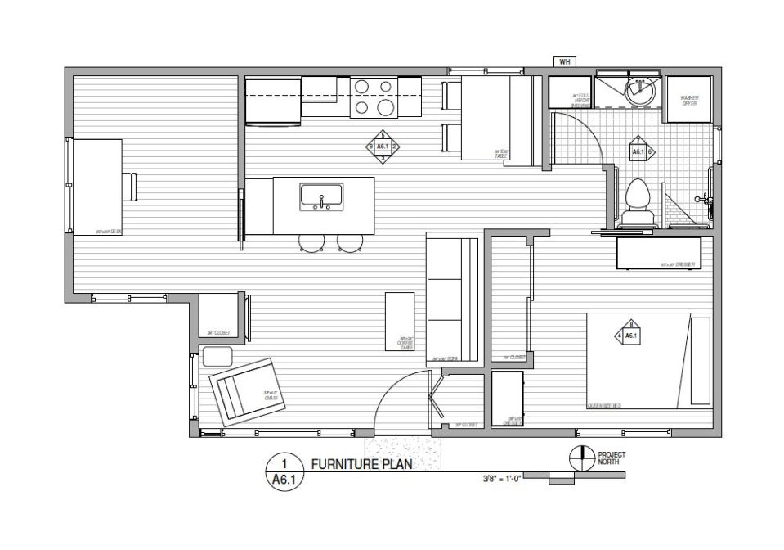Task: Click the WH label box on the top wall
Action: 563,61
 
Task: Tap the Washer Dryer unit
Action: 688,101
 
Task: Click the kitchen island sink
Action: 321,196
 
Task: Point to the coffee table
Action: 400,321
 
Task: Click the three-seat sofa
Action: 452,300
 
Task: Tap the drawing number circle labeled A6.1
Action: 280,473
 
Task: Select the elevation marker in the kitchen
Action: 383,147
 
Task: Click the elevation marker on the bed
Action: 630,334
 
